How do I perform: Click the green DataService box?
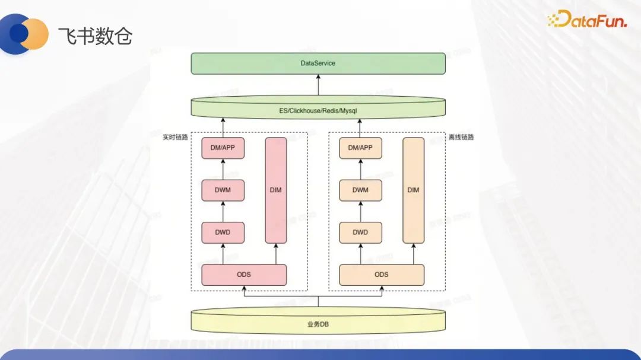point(318,63)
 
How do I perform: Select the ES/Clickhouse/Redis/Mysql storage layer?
point(318,110)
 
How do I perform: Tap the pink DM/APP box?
point(223,148)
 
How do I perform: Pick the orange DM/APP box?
point(360,148)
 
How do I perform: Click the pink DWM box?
point(223,190)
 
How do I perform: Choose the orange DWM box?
point(360,190)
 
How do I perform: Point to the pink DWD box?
point(223,232)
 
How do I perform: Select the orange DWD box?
point(360,232)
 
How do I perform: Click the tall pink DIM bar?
point(276,190)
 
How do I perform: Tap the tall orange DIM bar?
point(414,190)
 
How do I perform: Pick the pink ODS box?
point(244,275)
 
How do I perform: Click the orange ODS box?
point(382,275)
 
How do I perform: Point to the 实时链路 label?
point(175,137)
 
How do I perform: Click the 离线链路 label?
point(461,137)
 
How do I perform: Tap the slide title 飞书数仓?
point(95,36)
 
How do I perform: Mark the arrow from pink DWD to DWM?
point(223,212)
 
